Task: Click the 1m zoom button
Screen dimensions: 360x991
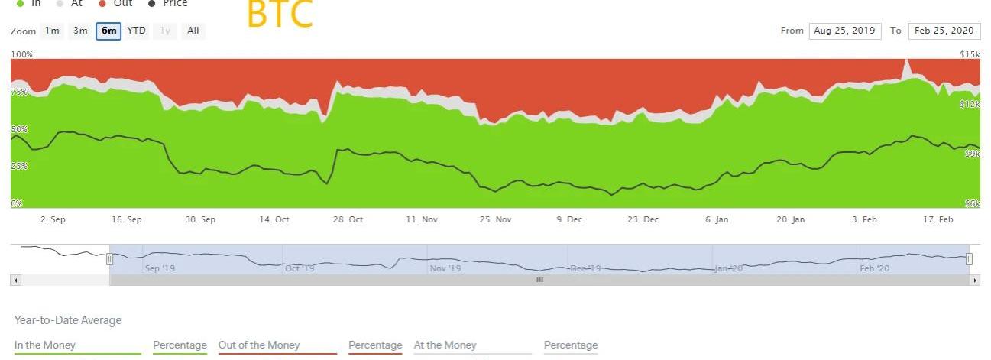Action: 52,31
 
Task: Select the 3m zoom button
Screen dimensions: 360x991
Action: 80,31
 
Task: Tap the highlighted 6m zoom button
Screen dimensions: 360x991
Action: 108,31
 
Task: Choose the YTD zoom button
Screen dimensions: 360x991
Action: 136,31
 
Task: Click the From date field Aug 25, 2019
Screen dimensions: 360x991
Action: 844,31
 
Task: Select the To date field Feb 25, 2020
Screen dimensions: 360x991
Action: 944,31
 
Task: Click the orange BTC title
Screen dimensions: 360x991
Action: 280,15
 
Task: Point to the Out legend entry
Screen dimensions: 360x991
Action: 121,3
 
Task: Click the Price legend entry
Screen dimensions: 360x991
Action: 174,3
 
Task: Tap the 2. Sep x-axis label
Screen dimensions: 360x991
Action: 53,219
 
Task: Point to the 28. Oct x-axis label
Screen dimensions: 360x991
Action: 348,219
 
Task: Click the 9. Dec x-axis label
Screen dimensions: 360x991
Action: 569,219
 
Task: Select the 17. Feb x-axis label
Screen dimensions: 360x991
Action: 938,219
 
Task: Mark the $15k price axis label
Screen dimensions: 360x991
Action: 970,54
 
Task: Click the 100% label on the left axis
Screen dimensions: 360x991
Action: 21,54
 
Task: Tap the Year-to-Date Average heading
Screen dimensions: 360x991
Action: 68,320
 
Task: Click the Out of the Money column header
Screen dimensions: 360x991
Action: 259,345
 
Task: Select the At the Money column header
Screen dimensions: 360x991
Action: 445,345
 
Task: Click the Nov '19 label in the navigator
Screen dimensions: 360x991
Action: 445,268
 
